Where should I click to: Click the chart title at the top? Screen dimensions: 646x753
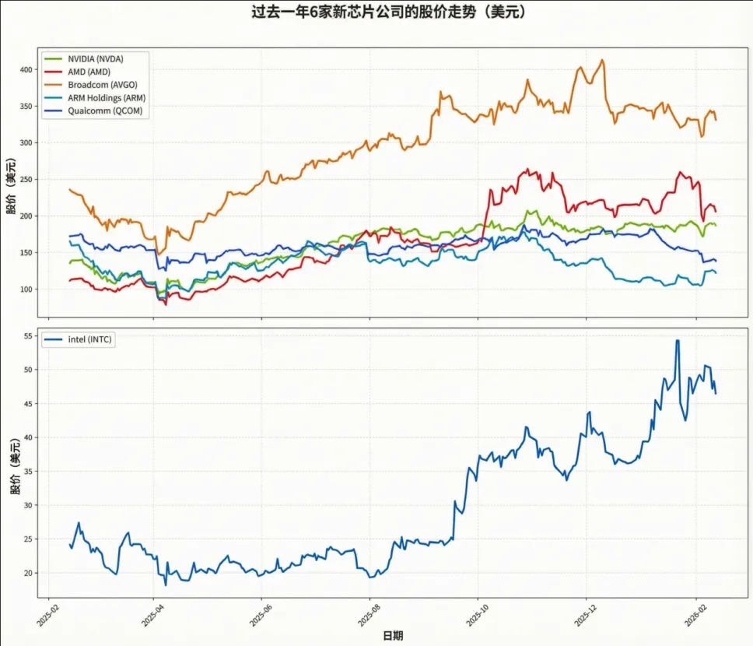[x=376, y=12]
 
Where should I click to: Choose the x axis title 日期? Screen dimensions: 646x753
[x=393, y=636]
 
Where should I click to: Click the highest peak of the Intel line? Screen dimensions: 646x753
[x=678, y=340]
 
